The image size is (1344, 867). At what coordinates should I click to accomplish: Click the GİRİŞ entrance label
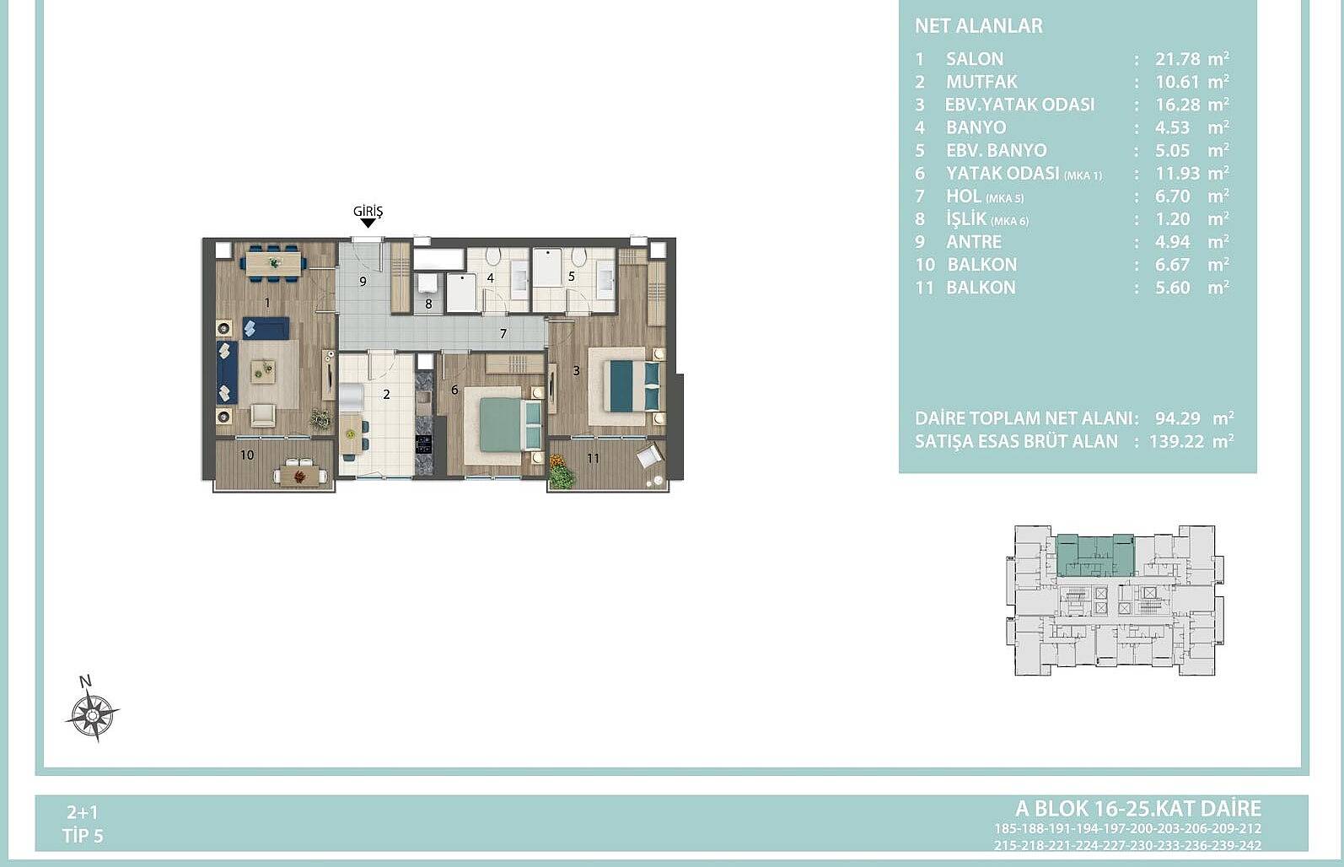tap(368, 211)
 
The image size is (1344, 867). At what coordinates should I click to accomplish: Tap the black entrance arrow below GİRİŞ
tap(368, 223)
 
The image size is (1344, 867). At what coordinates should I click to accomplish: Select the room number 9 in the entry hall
tap(363, 281)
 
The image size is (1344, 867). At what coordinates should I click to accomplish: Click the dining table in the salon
tap(273, 263)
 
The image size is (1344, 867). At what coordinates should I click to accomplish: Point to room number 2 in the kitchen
tap(386, 394)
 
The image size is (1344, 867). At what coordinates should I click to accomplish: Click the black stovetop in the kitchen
tap(423, 444)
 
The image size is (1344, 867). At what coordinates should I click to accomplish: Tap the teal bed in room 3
tap(635, 385)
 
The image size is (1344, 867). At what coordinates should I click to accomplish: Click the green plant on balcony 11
tap(561, 473)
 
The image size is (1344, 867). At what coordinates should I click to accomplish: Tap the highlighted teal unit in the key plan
tap(1095, 555)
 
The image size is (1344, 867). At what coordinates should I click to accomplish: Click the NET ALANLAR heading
tap(979, 26)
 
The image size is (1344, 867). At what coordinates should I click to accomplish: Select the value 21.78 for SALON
tap(1178, 59)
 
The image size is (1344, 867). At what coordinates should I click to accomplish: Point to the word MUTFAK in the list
tap(981, 82)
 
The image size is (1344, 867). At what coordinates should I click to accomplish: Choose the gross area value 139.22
tap(1176, 442)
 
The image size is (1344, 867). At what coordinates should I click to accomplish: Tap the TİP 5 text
tap(83, 836)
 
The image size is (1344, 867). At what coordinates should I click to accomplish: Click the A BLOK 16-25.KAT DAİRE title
tap(1138, 809)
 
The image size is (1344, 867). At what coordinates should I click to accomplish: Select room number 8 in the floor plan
tap(428, 304)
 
